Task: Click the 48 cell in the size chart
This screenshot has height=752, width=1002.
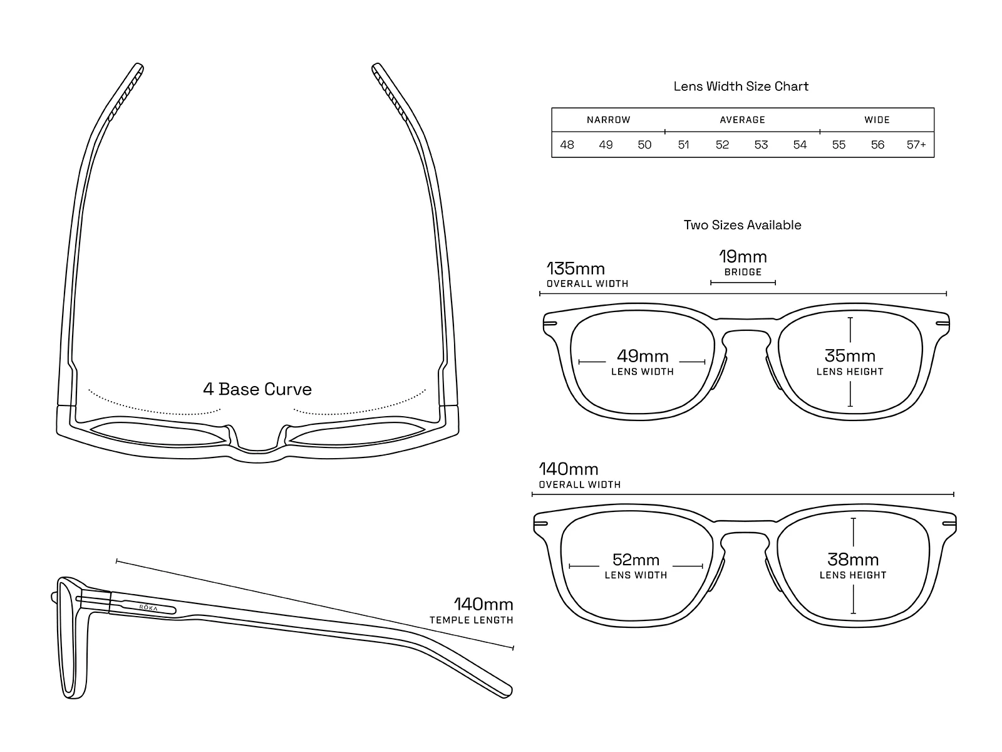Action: (x=567, y=145)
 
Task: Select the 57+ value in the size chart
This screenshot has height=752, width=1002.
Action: (x=916, y=145)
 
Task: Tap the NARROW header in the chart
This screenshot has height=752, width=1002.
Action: (x=608, y=120)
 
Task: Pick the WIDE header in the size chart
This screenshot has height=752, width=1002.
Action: (x=877, y=120)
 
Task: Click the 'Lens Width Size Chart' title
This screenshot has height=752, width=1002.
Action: (x=741, y=86)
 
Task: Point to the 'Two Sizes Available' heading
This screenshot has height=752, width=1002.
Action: (x=742, y=225)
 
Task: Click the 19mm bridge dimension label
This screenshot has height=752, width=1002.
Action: (x=743, y=257)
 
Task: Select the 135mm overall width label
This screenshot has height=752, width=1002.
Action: (x=576, y=269)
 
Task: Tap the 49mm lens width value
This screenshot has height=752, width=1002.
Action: (x=643, y=356)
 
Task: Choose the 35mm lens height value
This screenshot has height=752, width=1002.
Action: (x=850, y=356)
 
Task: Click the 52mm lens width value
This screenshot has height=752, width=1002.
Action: (x=636, y=560)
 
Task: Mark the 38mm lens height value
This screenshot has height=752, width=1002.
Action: (x=853, y=559)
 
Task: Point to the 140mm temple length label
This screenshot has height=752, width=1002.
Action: (x=483, y=605)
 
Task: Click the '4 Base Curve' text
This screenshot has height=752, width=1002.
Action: (x=257, y=389)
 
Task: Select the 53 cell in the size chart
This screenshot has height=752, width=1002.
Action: (x=761, y=145)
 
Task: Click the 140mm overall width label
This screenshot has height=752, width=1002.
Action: (x=569, y=469)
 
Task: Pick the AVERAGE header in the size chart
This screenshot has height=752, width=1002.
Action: (x=742, y=120)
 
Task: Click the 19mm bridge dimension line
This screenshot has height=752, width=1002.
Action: (x=743, y=283)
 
